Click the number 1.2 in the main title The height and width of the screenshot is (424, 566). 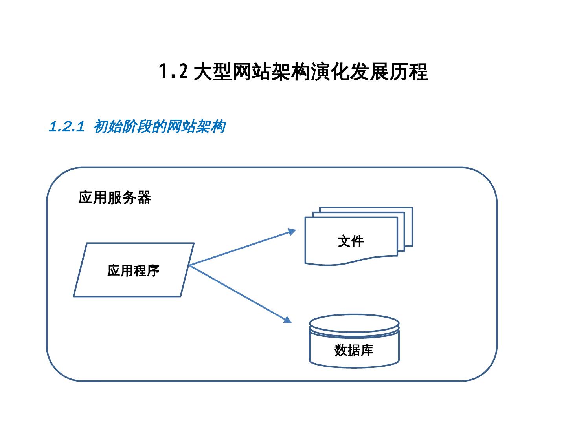pos(173,72)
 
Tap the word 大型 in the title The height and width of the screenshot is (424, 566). pos(213,72)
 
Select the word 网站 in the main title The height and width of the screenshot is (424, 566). pos(252,72)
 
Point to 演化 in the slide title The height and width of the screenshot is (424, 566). pos(330,72)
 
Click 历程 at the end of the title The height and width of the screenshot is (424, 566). pos(408,72)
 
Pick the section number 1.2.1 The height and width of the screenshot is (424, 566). pos(66,127)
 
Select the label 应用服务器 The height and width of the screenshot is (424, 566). pos(114,197)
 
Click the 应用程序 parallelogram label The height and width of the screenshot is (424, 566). pos(133,270)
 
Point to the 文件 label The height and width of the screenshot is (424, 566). pos(351,241)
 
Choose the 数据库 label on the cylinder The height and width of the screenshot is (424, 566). pos(354,350)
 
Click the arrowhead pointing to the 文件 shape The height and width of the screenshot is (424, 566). pos(292,232)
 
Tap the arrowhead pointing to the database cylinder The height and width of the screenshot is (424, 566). pos(288,320)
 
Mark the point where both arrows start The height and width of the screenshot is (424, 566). pos(189,266)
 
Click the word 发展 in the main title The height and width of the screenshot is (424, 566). pos(369,72)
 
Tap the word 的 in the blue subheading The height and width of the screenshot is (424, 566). pos(159,127)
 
